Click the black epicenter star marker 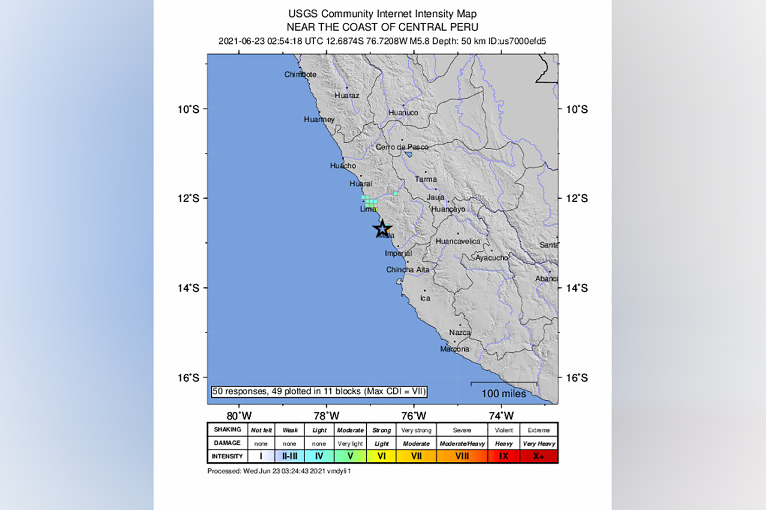(x=382, y=229)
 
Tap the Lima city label (x=368, y=209)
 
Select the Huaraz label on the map (x=347, y=96)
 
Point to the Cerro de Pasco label (x=402, y=147)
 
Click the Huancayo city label (x=448, y=209)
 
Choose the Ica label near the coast (x=425, y=298)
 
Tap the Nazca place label (x=460, y=332)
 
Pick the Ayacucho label (x=492, y=258)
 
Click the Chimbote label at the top (x=300, y=74)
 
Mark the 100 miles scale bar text (x=504, y=394)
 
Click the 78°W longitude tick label (x=326, y=416)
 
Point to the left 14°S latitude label (x=188, y=288)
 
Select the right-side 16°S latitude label (x=577, y=378)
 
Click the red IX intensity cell (x=504, y=456)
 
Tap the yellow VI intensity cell (x=381, y=456)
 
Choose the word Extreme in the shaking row (x=539, y=430)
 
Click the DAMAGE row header (x=227, y=443)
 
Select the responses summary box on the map (x=319, y=391)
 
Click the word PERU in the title (x=465, y=27)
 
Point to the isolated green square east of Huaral (x=396, y=193)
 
